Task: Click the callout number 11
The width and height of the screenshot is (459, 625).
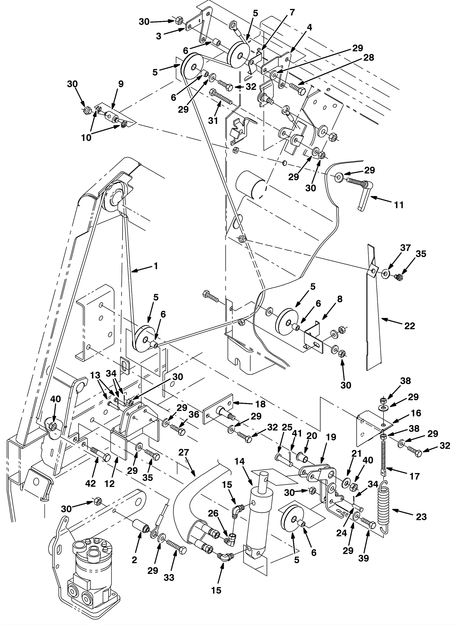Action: click(x=399, y=205)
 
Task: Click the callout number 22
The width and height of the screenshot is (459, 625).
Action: click(x=410, y=326)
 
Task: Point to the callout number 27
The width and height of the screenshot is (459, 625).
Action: click(x=184, y=452)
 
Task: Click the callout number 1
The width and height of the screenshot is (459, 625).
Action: click(x=156, y=266)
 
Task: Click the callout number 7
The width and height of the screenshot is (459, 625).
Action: click(x=292, y=12)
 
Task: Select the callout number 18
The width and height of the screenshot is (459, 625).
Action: click(x=260, y=404)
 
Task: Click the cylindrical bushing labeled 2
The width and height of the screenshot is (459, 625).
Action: click(x=141, y=526)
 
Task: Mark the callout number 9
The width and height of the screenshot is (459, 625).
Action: click(x=121, y=84)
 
